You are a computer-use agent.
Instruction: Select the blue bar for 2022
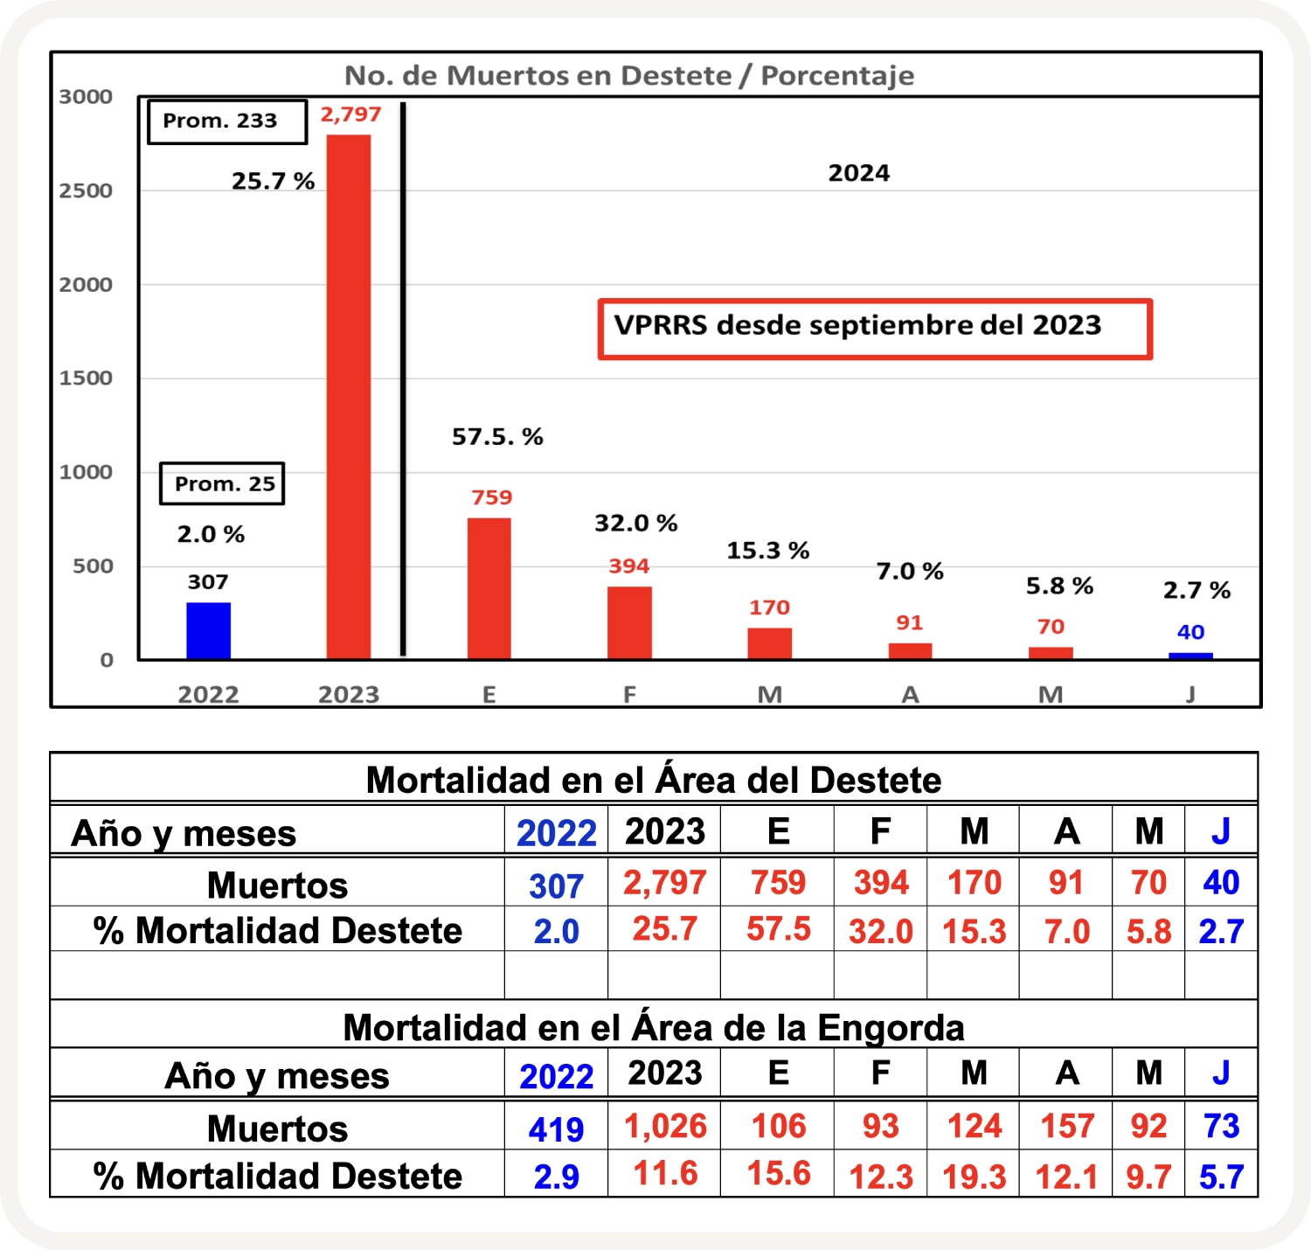coord(209,630)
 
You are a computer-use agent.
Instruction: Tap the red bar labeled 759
coord(489,588)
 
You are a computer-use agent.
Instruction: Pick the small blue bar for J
coord(1190,656)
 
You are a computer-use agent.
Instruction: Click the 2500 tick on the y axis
coord(86,191)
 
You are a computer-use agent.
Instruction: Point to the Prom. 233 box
coord(227,122)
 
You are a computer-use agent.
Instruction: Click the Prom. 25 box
coord(223,483)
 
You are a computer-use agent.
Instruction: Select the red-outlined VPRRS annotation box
coord(875,329)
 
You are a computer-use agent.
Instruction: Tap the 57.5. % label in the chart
coord(497,436)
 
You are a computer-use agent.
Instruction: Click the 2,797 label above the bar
coord(350,115)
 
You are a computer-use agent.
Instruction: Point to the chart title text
coord(629,76)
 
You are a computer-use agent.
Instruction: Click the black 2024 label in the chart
coord(859,173)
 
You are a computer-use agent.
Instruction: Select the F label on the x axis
coord(629,695)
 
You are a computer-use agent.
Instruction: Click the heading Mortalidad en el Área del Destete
coord(654,780)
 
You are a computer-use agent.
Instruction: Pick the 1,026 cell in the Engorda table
coord(665,1126)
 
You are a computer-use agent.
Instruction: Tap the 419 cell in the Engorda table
coord(556,1129)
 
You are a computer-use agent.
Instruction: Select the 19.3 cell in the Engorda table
coord(975,1177)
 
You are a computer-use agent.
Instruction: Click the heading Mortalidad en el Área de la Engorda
coord(654,1028)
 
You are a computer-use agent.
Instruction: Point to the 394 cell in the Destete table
coord(881,883)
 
